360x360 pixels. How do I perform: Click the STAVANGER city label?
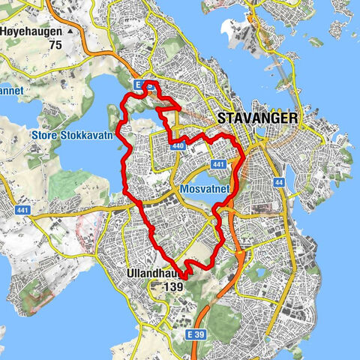[x=257, y=118]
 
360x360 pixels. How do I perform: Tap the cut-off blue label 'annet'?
[x=12, y=91]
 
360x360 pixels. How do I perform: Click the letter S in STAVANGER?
[x=221, y=118]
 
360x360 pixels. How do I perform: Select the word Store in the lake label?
[x=46, y=136]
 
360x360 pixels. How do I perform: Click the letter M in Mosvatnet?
[x=184, y=189]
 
